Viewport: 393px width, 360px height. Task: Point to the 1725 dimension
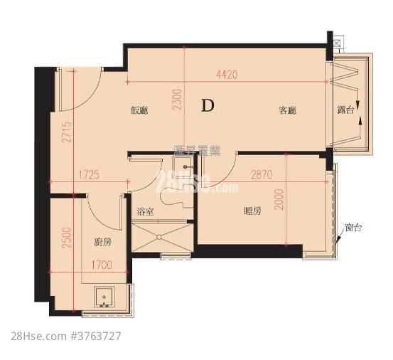click(87, 174)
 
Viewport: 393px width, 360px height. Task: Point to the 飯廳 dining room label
click(139, 111)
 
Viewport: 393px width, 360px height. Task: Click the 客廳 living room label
click(286, 111)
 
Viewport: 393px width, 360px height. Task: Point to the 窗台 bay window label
click(353, 228)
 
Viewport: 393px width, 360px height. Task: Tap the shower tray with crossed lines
click(163, 238)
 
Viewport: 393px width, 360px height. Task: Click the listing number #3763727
click(94, 336)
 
